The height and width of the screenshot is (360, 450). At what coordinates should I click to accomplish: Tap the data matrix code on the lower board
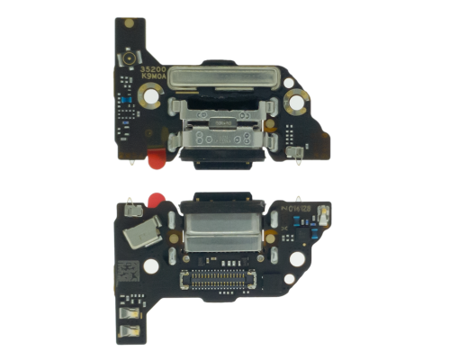tap(123, 270)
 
